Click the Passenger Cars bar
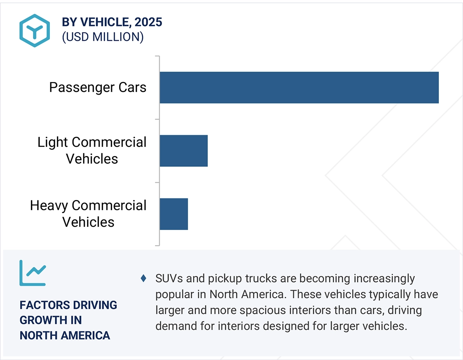pyautogui.click(x=299, y=88)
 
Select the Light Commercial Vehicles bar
pyautogui.click(x=184, y=150)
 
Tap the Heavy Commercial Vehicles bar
pyautogui.click(x=174, y=214)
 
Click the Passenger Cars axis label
pyautogui.click(x=98, y=88)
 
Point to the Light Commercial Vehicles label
pyautogui.click(x=92, y=150)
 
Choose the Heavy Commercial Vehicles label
pyautogui.click(x=88, y=214)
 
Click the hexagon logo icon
pyautogui.click(x=34, y=30)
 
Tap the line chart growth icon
pyautogui.click(x=33, y=273)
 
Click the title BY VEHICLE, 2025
pyautogui.click(x=112, y=23)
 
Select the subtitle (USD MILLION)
pyautogui.click(x=102, y=37)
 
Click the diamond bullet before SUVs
pyautogui.click(x=143, y=279)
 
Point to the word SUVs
pyautogui.click(x=169, y=279)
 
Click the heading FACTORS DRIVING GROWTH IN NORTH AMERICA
pyautogui.click(x=68, y=320)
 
